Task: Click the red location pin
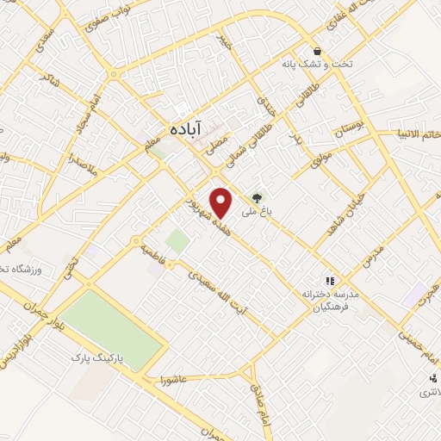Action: click(x=222, y=201)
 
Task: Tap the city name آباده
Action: click(x=185, y=127)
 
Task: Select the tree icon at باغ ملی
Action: click(x=257, y=197)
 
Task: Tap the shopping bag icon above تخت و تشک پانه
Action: click(x=318, y=51)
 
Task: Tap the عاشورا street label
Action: click(x=174, y=378)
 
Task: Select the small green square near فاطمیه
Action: click(x=177, y=241)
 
